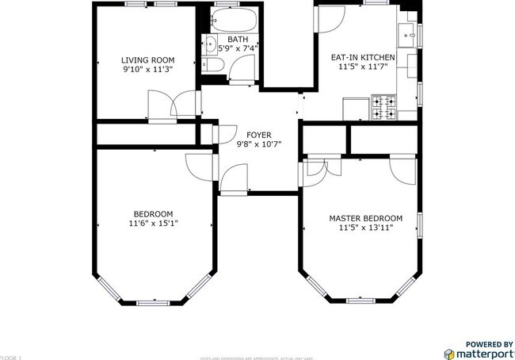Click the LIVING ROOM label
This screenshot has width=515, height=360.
(x=147, y=59)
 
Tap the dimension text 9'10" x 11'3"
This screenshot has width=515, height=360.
(x=147, y=70)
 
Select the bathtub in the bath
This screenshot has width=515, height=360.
(x=235, y=19)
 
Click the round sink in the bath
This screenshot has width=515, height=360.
(x=211, y=44)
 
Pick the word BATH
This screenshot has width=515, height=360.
(x=238, y=39)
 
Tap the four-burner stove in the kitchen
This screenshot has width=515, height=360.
(x=385, y=108)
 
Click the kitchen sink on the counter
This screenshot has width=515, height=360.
(x=409, y=35)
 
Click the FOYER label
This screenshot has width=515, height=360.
(x=259, y=134)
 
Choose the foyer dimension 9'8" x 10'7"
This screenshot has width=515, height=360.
(x=259, y=144)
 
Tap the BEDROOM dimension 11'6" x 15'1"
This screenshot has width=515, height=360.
(x=153, y=224)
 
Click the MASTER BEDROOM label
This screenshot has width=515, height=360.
(x=365, y=218)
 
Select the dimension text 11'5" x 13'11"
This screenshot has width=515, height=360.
(x=365, y=228)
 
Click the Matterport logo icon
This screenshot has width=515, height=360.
(x=449, y=354)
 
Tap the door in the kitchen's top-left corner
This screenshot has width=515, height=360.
(x=324, y=20)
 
